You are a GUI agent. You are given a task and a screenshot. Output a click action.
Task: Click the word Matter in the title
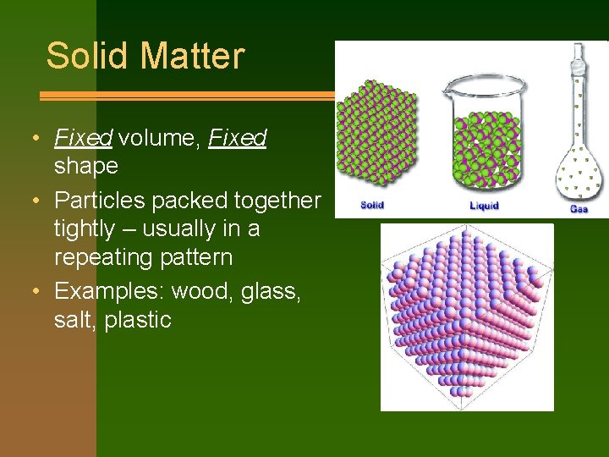192,56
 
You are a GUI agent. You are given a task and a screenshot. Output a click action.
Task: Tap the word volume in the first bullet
155,137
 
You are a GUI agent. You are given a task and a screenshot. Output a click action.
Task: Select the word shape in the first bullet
85,166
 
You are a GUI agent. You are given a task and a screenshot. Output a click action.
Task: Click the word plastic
138,320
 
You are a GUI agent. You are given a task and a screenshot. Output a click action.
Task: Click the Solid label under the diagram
373,206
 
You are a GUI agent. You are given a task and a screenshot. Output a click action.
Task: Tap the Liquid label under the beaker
484,206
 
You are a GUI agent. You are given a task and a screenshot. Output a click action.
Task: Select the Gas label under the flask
579,208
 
